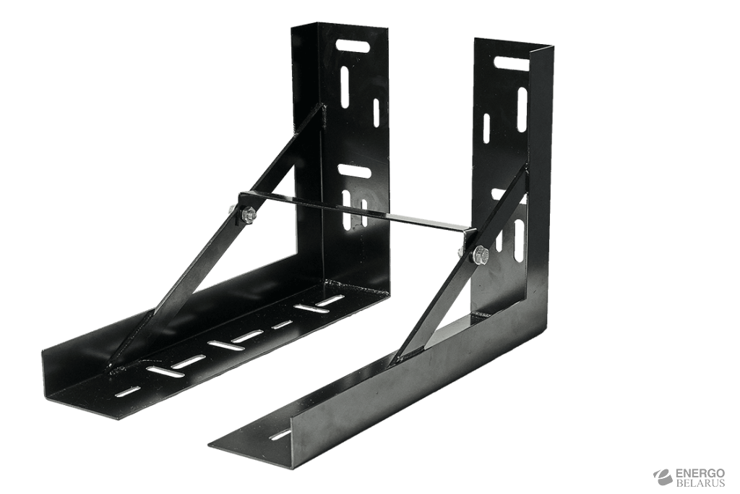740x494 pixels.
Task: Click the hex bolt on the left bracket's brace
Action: coord(249,216)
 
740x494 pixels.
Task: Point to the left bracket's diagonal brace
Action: coord(217,236)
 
